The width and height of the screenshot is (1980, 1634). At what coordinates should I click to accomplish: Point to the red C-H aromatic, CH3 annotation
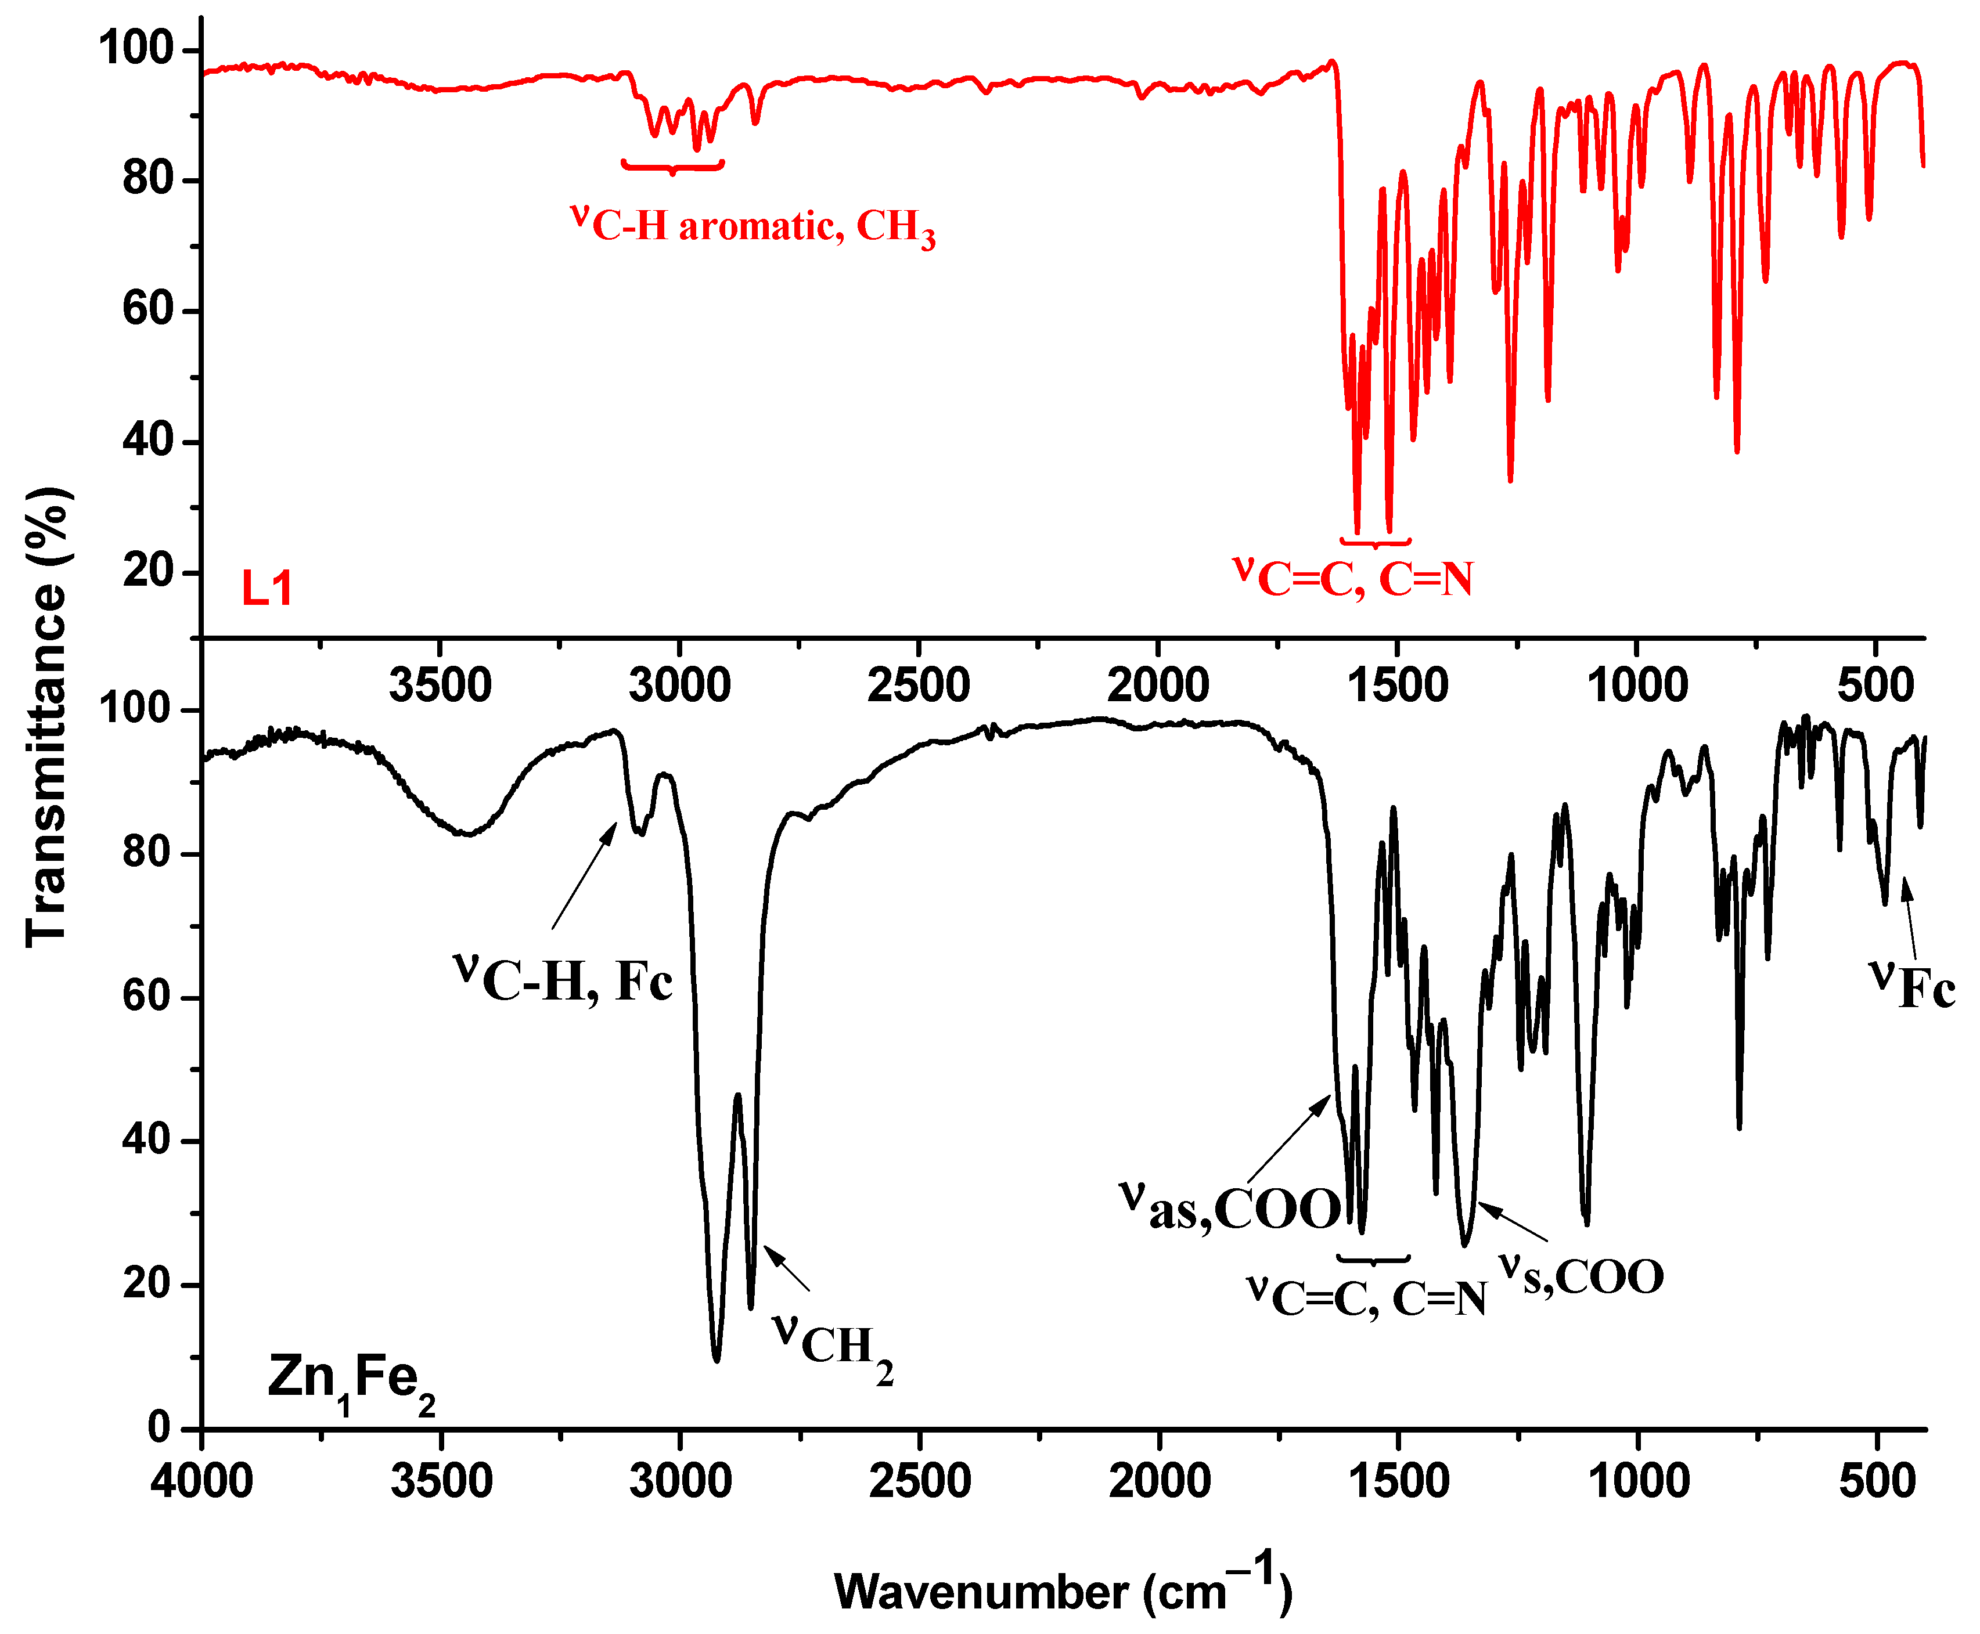click(x=753, y=226)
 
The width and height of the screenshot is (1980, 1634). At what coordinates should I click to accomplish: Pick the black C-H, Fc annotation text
click(x=563, y=979)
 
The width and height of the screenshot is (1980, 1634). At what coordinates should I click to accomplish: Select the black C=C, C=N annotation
click(x=1367, y=1297)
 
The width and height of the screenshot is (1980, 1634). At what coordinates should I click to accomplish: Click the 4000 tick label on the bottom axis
click(x=201, y=1481)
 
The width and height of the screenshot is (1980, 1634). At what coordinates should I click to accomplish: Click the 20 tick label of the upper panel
click(x=148, y=571)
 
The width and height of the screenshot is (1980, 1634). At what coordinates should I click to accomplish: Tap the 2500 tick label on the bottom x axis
click(x=919, y=1481)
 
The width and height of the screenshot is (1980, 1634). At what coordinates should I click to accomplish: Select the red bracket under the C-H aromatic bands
click(x=672, y=167)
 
